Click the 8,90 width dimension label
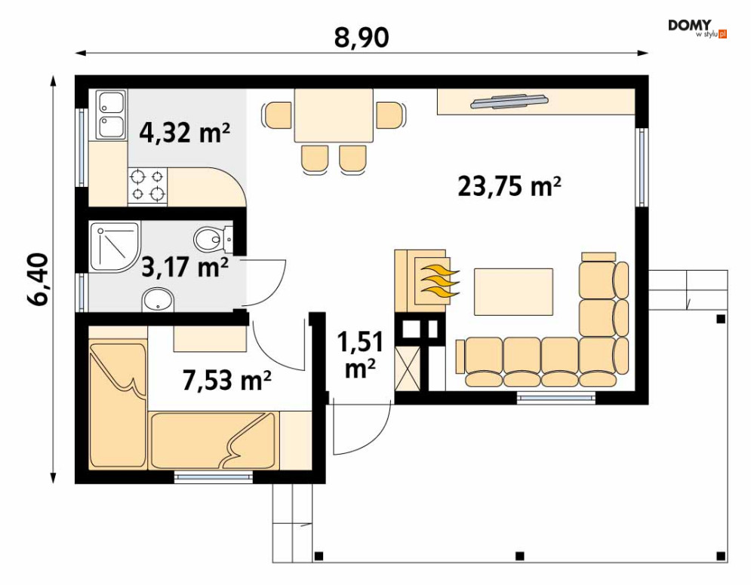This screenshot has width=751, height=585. [x=361, y=37]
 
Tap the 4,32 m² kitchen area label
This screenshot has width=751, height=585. [x=185, y=133]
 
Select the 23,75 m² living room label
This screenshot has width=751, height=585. [x=509, y=186]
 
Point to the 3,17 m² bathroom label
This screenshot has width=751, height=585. [x=185, y=267]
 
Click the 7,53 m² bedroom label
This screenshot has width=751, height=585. [x=227, y=380]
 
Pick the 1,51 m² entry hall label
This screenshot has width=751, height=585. [x=360, y=355]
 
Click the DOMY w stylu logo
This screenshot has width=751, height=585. [x=697, y=28]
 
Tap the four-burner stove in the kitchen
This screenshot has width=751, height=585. [x=147, y=186]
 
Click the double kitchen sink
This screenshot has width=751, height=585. [x=112, y=115]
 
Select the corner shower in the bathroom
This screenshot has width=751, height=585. [x=115, y=247]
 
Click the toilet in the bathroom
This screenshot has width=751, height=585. [x=213, y=237]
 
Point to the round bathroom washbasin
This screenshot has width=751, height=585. [x=159, y=299]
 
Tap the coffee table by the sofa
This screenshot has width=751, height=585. [x=513, y=292]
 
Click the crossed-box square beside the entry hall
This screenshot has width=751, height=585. [x=407, y=369]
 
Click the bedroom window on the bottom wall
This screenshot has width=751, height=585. [x=213, y=476]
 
